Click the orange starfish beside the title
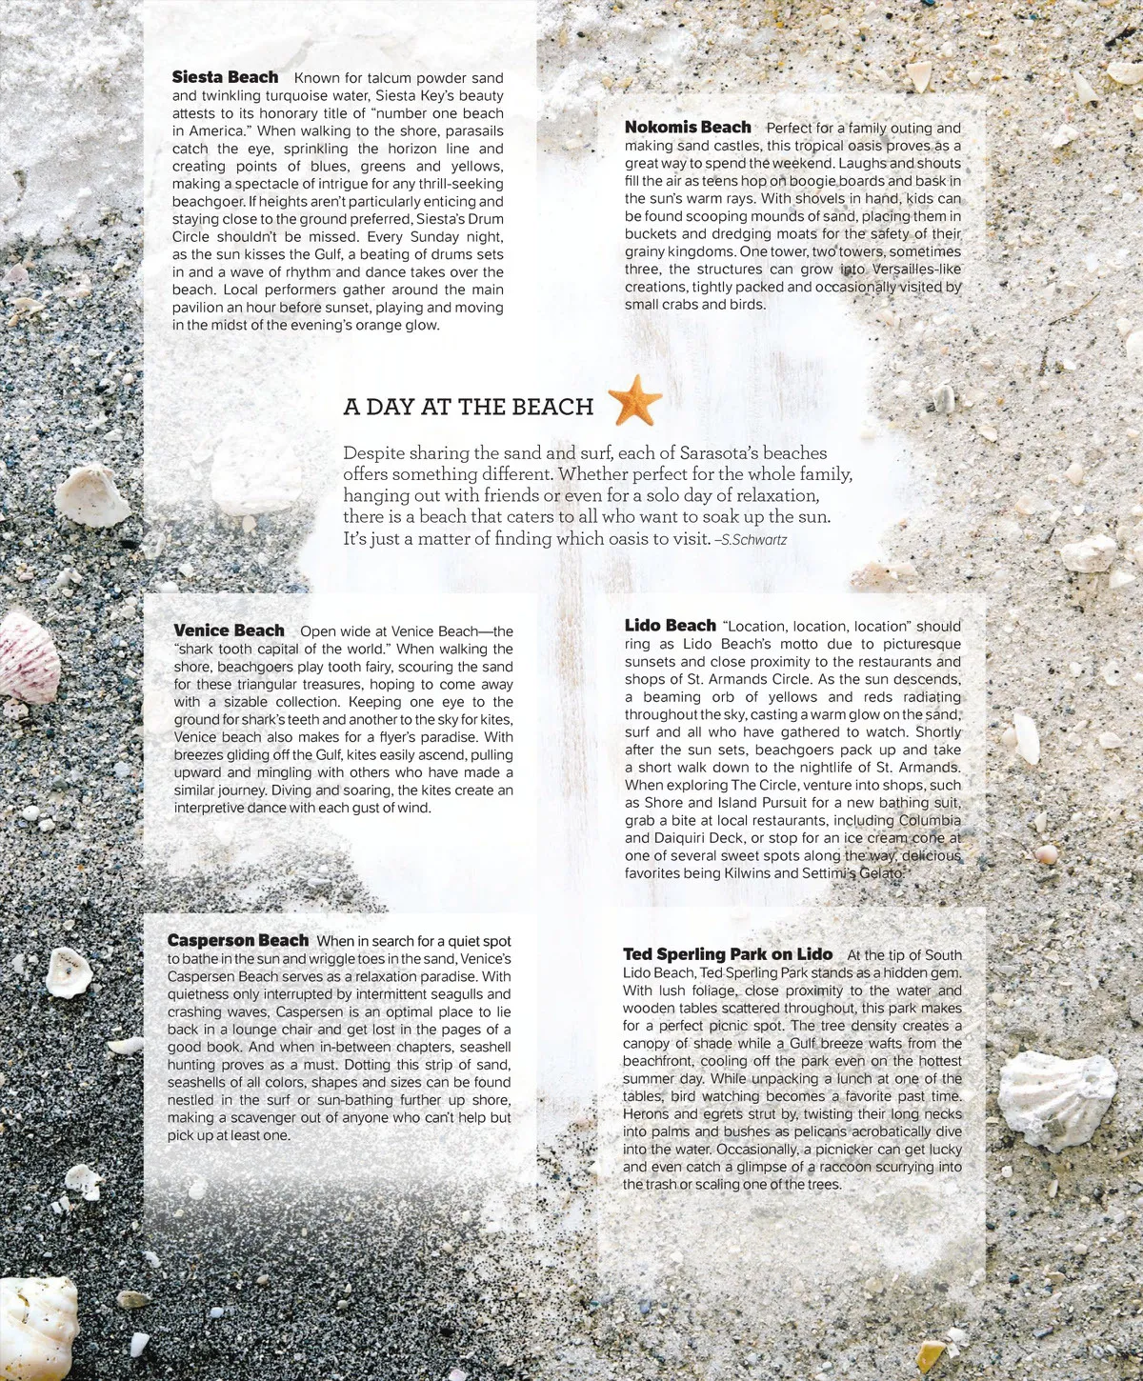[635, 400]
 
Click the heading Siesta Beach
[225, 77]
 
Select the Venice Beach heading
[229, 630]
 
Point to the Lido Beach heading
[670, 626]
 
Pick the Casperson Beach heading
[238, 941]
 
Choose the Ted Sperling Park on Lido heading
[728, 954]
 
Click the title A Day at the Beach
[468, 407]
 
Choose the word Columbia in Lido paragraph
[930, 821]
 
